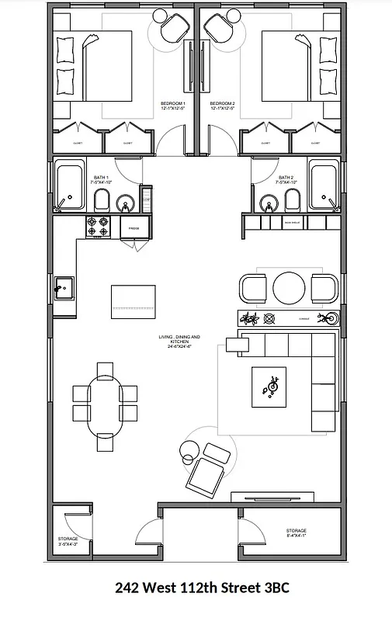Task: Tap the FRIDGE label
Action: pyautogui.click(x=134, y=228)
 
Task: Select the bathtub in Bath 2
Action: pyautogui.click(x=324, y=187)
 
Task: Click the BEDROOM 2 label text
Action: pyautogui.click(x=223, y=105)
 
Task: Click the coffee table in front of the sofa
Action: pyautogui.click(x=269, y=386)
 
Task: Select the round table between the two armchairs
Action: pyautogui.click(x=290, y=288)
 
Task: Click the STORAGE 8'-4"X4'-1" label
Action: pyautogui.click(x=301, y=533)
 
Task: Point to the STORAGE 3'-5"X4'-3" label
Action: pyautogui.click(x=68, y=541)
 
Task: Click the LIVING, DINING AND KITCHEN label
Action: pyautogui.click(x=179, y=339)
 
